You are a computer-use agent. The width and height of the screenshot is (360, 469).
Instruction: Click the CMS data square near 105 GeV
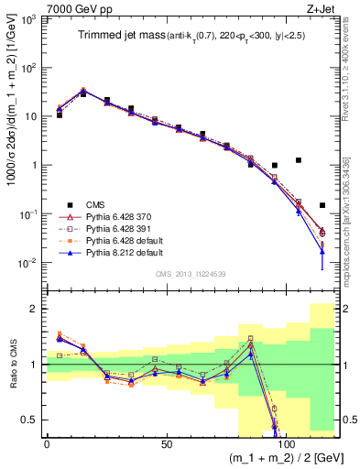[x=298, y=160]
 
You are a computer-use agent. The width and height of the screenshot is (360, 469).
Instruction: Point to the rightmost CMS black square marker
[x=322, y=205]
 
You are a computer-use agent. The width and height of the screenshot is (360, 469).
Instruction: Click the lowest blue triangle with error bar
[x=322, y=250]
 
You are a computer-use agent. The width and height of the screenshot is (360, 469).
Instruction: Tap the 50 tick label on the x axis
[x=166, y=445]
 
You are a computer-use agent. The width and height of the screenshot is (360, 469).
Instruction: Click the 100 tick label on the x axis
[x=286, y=445]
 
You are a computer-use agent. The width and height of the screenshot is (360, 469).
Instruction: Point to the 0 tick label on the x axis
[x=47, y=445]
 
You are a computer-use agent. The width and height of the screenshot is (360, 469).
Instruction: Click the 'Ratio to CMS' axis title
[x=11, y=365]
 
